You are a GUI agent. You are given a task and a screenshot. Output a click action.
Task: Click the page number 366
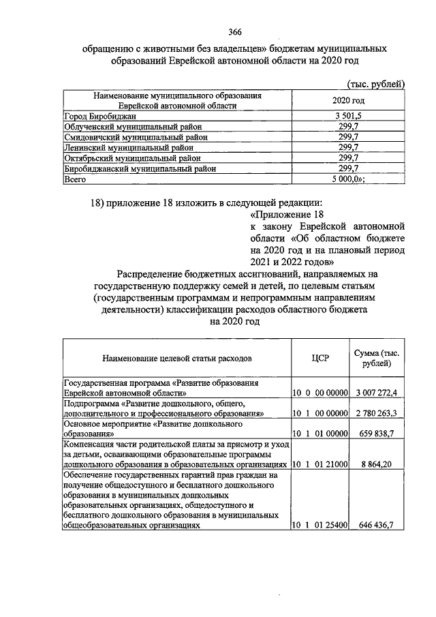[x=235, y=33]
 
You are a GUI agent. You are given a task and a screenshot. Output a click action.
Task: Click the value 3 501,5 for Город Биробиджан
[x=348, y=116]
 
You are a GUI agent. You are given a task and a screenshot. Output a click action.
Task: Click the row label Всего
[x=74, y=178]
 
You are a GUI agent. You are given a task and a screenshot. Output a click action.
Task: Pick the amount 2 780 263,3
[x=379, y=413]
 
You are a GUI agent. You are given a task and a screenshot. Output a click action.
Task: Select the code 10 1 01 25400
[x=320, y=525]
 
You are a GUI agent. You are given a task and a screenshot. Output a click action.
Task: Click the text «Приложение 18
[x=280, y=213]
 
